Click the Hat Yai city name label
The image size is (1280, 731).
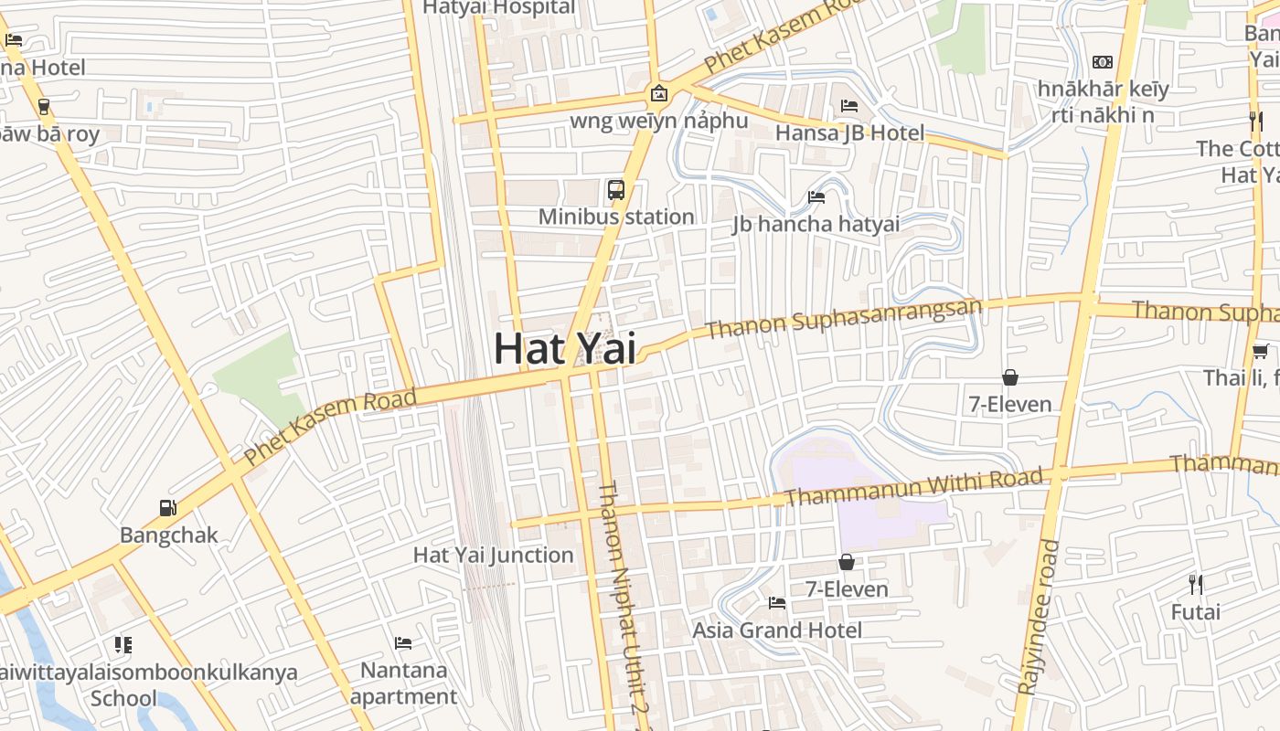click(x=565, y=348)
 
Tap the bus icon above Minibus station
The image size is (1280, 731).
click(x=616, y=190)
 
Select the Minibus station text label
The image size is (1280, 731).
click(x=616, y=217)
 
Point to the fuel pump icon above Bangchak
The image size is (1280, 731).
click(x=167, y=507)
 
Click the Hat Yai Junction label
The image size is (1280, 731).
click(x=494, y=555)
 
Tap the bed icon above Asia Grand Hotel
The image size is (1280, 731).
click(x=777, y=603)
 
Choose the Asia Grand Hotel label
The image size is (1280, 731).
click(x=777, y=630)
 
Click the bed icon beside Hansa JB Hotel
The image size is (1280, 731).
click(x=849, y=106)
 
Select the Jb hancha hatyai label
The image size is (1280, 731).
click(x=816, y=224)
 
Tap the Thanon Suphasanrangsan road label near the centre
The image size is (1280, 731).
click(x=843, y=318)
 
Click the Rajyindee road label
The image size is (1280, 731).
click(x=1038, y=617)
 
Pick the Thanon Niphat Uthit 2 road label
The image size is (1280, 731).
click(x=623, y=603)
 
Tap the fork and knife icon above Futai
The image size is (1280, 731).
click(x=1195, y=584)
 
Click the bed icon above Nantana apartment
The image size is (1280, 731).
click(x=403, y=643)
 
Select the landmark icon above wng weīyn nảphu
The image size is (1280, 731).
click(x=658, y=93)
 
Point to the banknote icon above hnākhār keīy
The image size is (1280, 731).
click(x=1103, y=62)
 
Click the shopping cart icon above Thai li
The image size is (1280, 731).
click(x=1261, y=351)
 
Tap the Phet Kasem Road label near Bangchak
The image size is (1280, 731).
click(x=330, y=426)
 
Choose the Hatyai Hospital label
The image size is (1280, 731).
click(x=498, y=8)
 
